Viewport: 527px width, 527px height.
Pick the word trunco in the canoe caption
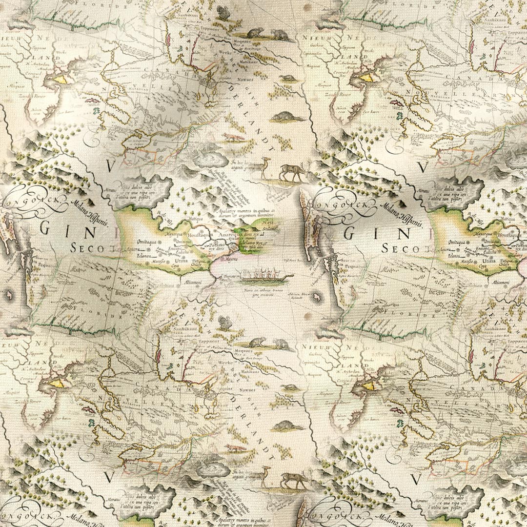click(279, 291)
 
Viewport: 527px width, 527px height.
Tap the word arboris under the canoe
click(264, 291)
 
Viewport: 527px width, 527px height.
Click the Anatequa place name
click(227, 234)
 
